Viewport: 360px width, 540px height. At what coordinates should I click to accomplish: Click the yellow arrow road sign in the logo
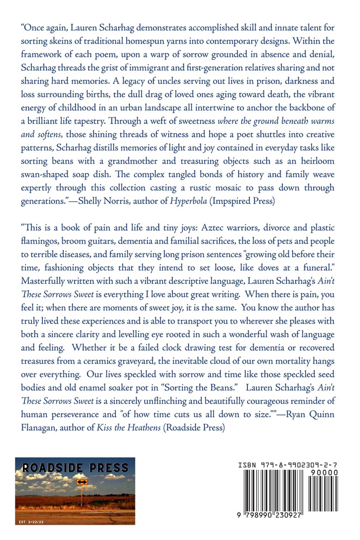pyautogui.click(x=82, y=482)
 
